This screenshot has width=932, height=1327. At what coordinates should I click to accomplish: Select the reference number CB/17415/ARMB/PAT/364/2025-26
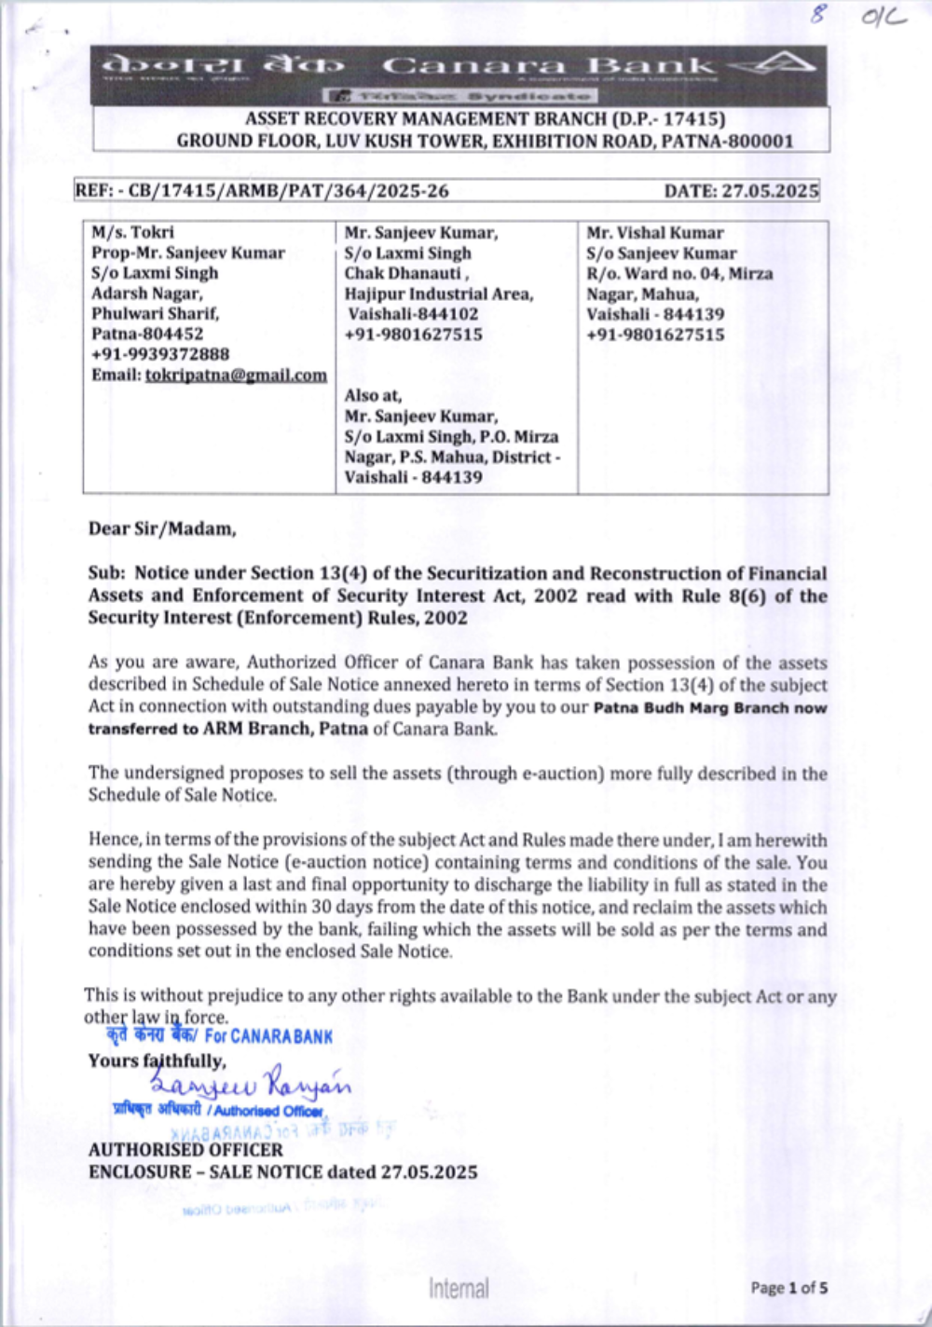point(288,191)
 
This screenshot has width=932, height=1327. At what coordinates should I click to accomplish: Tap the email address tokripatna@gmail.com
point(236,375)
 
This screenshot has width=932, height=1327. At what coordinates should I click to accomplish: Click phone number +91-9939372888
point(160,354)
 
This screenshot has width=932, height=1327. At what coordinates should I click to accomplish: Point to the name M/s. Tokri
point(132,232)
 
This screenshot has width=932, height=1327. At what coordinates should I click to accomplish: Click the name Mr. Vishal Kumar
point(654,233)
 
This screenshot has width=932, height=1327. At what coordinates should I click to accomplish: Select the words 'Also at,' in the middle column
point(373,395)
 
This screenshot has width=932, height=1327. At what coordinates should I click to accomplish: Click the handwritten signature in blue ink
point(252,1085)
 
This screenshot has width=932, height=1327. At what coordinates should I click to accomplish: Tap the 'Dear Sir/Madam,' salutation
point(162,529)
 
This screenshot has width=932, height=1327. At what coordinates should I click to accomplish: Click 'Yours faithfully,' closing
point(157,1060)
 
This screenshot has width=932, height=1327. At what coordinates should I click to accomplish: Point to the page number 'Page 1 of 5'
point(788,1288)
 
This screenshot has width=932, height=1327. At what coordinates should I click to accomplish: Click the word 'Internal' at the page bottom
point(459,1289)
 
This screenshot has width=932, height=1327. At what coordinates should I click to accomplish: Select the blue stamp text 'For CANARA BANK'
point(268,1036)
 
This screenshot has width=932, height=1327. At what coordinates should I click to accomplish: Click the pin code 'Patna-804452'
point(147,334)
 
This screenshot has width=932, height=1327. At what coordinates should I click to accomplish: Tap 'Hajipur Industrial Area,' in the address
point(439,294)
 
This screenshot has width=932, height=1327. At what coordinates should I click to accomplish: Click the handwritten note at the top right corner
point(857,16)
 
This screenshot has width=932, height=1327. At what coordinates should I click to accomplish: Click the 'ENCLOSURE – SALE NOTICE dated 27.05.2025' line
point(282,1171)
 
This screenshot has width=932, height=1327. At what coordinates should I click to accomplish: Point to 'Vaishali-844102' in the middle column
point(413,314)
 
